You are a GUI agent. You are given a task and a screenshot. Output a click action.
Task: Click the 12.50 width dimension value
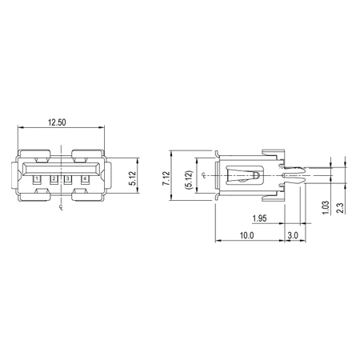point(57,122)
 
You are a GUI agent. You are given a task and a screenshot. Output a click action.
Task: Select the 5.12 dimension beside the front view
point(133,178)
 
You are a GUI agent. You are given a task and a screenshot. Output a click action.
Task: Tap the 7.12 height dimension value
point(166,178)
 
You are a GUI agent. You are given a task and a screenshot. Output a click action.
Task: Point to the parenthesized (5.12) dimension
point(188,180)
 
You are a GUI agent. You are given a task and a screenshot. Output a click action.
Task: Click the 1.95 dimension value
point(259,218)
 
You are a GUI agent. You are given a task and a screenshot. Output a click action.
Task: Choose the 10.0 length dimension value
point(246,235)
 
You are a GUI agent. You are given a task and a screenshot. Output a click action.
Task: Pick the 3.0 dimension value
point(293,235)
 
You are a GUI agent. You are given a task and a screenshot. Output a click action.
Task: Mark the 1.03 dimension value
point(326,207)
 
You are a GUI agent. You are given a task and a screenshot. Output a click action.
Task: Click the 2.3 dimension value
point(340,208)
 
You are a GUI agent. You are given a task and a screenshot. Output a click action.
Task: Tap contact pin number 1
point(37,178)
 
